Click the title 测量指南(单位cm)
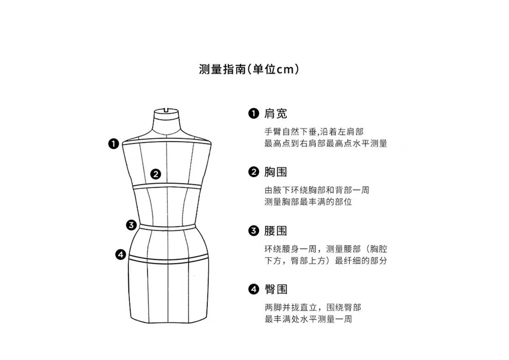coord(249,69)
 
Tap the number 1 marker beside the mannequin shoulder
coord(113,144)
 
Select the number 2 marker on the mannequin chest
coord(156,174)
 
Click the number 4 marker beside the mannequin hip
coord(121,255)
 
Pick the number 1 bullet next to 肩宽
coord(253,113)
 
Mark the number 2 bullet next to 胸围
coord(253,172)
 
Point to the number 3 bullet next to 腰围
coord(253,231)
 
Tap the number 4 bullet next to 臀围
coord(253,290)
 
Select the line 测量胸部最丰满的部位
coord(308,202)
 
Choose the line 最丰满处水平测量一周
coord(308,319)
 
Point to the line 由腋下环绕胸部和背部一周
coord(317,190)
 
